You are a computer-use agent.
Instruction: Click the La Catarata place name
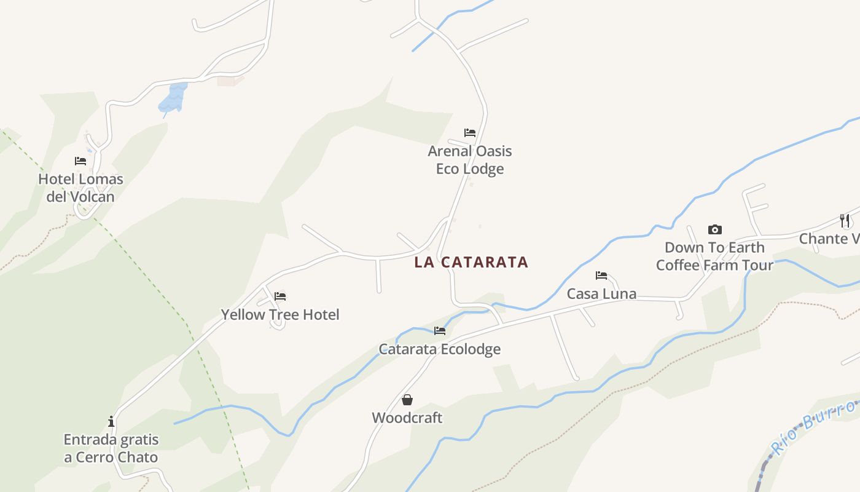click(x=471, y=262)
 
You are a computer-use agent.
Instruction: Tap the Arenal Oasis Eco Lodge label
click(x=470, y=160)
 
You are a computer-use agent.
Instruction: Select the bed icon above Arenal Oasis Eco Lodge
click(x=470, y=133)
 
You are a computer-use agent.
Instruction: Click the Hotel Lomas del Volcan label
click(x=80, y=188)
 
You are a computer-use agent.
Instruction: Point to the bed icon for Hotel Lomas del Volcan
click(x=80, y=161)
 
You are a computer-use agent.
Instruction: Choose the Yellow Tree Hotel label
click(x=280, y=315)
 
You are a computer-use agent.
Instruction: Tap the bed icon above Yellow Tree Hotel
click(x=280, y=296)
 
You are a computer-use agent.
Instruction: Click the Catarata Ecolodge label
click(x=440, y=349)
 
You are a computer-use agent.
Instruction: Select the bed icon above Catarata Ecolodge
click(x=440, y=331)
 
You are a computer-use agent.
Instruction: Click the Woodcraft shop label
click(x=407, y=418)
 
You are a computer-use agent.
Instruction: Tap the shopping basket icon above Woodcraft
click(x=407, y=400)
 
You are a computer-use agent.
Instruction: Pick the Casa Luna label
click(x=601, y=294)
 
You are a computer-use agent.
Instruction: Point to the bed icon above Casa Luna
click(x=601, y=276)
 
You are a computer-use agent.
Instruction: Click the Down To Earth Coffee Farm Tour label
click(x=714, y=256)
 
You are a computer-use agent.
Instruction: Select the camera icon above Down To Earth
click(x=714, y=230)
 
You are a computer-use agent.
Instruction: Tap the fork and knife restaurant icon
click(x=845, y=221)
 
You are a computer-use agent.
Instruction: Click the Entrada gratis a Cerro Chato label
click(x=111, y=448)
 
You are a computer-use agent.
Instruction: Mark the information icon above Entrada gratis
click(x=111, y=421)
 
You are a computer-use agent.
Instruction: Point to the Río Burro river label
click(x=814, y=426)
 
